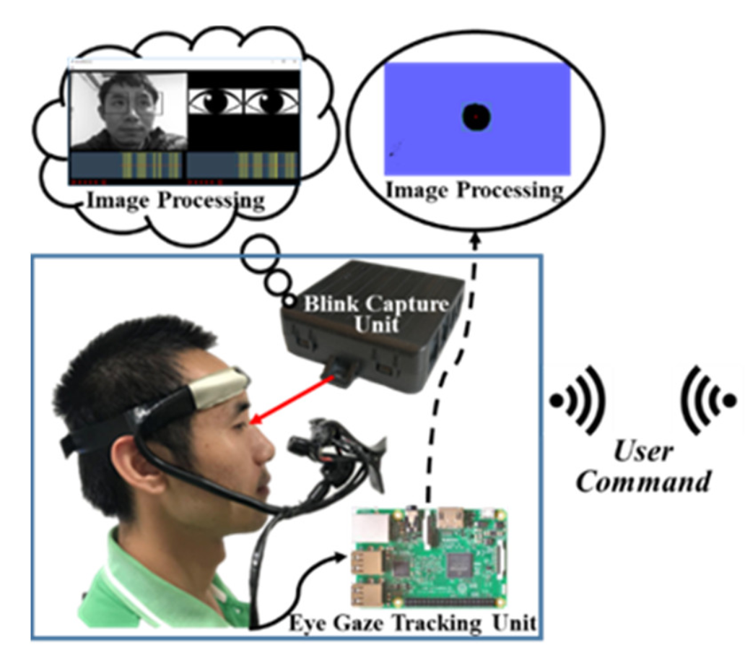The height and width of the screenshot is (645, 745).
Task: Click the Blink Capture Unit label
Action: click(375, 312)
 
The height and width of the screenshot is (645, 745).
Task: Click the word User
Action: click(643, 453)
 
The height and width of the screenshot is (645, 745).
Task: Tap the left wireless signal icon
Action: click(578, 399)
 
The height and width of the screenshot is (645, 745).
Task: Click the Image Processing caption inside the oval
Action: click(474, 191)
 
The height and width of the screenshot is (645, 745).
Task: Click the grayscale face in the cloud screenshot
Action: click(128, 110)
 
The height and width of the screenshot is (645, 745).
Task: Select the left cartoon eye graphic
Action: click(215, 102)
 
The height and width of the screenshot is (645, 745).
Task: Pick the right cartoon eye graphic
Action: click(271, 102)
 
